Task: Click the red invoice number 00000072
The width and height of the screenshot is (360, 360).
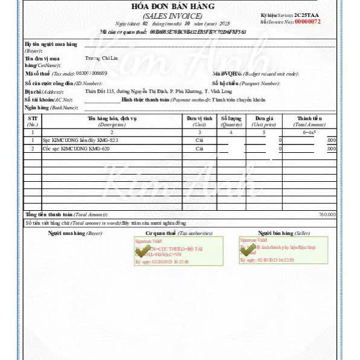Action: (x=307, y=21)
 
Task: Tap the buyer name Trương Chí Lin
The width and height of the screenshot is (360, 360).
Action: (x=100, y=59)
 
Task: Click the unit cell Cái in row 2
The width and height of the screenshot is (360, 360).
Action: (x=199, y=148)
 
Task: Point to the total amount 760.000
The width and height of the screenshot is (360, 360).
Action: (x=327, y=214)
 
